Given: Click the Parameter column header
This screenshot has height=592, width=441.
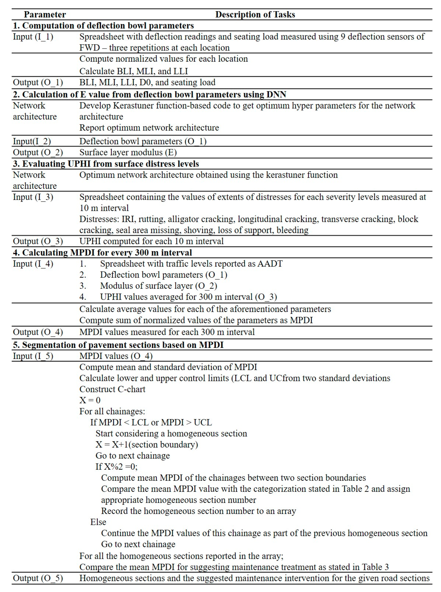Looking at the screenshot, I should tap(45, 14).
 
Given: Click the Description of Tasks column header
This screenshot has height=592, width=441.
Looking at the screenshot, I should tap(255, 14).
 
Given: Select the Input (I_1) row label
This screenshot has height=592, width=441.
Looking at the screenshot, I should tap(33, 37).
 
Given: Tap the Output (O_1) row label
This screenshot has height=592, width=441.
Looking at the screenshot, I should tap(38, 82).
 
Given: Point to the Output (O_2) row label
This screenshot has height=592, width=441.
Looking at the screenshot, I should tap(38, 152).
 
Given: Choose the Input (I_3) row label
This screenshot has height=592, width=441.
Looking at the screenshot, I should tap(33, 197).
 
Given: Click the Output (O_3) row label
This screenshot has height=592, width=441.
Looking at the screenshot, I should tap(38, 241).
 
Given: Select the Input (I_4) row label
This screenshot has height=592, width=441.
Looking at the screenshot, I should tap(33, 264).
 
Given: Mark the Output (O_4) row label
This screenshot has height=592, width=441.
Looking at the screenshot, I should tap(38, 332).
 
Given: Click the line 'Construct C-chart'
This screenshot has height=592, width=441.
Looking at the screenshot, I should tap(112, 389).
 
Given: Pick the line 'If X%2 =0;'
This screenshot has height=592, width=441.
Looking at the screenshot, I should tap(117, 466).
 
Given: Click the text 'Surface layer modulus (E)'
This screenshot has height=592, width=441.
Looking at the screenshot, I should tap(128, 152).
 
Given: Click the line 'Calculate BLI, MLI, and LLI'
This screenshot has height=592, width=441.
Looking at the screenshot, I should tap(134, 71).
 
